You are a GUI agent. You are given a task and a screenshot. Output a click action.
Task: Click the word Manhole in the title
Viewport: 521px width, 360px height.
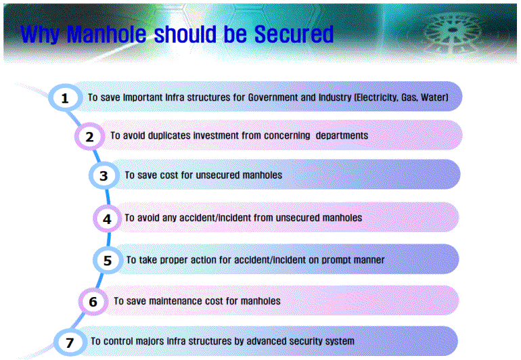pos(106,35)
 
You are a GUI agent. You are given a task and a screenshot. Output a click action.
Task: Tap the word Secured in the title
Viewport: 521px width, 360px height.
pos(294,35)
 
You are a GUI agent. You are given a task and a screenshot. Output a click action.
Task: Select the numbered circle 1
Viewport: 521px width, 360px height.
pos(65,97)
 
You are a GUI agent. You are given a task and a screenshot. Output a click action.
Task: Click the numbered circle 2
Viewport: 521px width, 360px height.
pos(89,136)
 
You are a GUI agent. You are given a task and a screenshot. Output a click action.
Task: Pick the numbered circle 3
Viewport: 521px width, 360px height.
pos(104,175)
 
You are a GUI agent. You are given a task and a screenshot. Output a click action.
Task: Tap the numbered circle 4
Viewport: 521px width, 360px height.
pos(107,219)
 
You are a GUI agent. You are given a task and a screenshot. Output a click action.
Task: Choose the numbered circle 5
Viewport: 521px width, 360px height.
pos(108,261)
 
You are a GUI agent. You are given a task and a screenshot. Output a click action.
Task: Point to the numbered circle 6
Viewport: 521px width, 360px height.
pos(93,302)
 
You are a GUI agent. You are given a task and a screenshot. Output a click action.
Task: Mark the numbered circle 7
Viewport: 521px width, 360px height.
pos(70,342)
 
